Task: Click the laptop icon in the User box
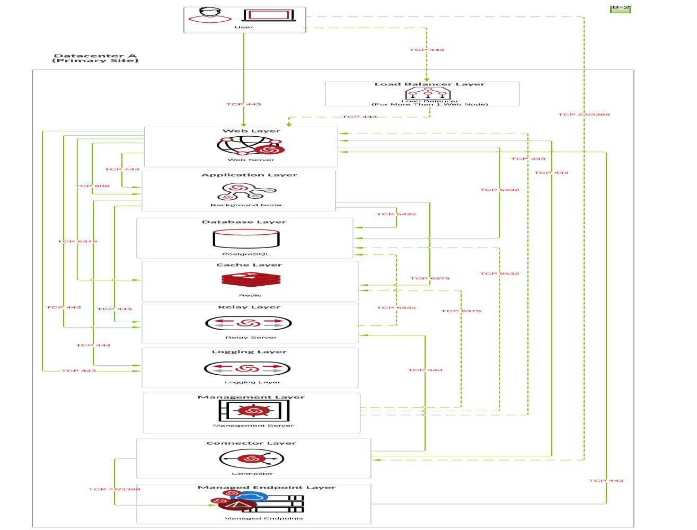(x=269, y=15)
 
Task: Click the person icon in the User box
(x=210, y=15)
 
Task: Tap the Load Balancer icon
(x=427, y=93)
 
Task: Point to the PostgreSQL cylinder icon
(x=246, y=239)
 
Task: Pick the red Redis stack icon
(x=251, y=280)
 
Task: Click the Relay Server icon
(x=249, y=323)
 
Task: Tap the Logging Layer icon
(x=248, y=368)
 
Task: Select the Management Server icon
(x=254, y=410)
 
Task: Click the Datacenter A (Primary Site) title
(x=95, y=58)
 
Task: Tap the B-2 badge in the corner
(x=620, y=8)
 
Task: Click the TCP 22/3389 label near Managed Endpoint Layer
(x=114, y=489)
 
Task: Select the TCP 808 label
(x=92, y=186)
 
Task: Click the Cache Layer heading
(x=249, y=265)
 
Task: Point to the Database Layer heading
(x=244, y=222)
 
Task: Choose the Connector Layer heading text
(x=251, y=443)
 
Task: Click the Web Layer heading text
(x=251, y=131)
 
